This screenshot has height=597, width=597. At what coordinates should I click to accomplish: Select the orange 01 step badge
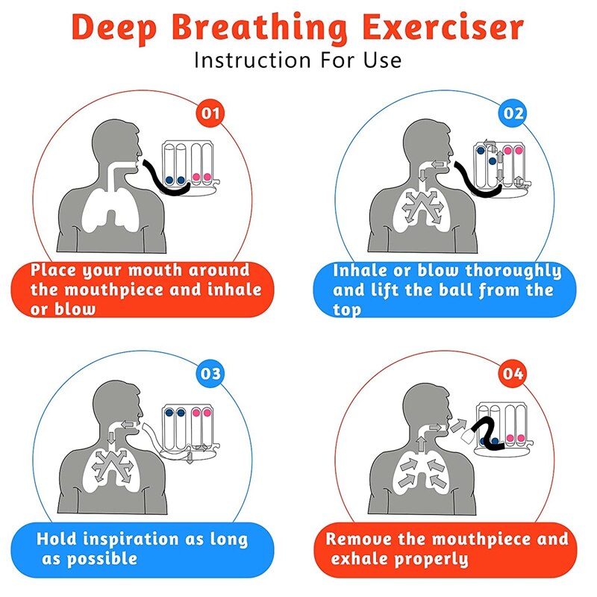tap(211, 114)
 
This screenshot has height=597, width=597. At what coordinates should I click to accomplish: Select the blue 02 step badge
tap(513, 114)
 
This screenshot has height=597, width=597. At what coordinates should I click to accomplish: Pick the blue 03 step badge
tap(212, 372)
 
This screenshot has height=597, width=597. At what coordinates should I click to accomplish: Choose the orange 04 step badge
tap(513, 372)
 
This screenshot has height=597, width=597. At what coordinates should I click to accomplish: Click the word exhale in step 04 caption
tap(362, 558)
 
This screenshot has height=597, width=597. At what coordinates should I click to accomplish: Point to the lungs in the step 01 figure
tap(110, 205)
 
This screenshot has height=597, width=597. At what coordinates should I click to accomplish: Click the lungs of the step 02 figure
tap(422, 205)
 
